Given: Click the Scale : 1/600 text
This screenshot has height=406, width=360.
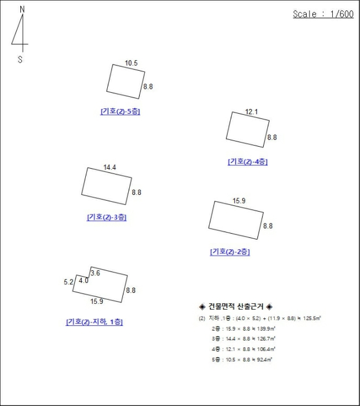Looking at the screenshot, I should (x=323, y=14).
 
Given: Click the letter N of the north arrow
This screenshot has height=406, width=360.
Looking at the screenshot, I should (x=23, y=9).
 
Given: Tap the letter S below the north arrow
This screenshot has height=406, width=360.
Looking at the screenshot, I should (x=21, y=59).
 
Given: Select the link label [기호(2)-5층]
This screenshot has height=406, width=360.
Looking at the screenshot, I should (x=120, y=111).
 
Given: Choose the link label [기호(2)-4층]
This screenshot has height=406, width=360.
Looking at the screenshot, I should (x=248, y=162).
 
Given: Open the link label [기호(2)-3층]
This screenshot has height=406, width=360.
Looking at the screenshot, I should (x=107, y=217).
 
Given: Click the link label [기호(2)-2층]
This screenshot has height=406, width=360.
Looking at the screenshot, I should (x=230, y=252).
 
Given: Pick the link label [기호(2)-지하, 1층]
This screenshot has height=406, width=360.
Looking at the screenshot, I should (x=94, y=322).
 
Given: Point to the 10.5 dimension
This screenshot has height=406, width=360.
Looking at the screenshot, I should (x=131, y=63).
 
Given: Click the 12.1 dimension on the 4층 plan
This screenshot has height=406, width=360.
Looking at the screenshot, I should (x=251, y=111).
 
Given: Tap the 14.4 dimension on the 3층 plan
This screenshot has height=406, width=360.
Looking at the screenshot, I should (x=110, y=168).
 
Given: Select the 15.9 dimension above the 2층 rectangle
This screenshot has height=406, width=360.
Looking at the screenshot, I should (x=239, y=201).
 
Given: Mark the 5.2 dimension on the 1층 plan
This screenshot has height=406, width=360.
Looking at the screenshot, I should (x=68, y=282).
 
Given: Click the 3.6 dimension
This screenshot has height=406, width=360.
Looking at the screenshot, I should (x=96, y=273).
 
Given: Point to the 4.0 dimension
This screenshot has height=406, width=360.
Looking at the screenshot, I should (x=83, y=281).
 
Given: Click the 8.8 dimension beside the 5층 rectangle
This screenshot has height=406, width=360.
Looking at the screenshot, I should (x=148, y=87).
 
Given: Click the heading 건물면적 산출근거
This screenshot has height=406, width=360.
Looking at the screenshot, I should (x=235, y=306).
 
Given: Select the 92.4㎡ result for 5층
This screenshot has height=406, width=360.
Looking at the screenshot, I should (x=264, y=360).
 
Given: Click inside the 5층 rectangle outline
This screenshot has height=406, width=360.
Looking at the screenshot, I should (x=125, y=81).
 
